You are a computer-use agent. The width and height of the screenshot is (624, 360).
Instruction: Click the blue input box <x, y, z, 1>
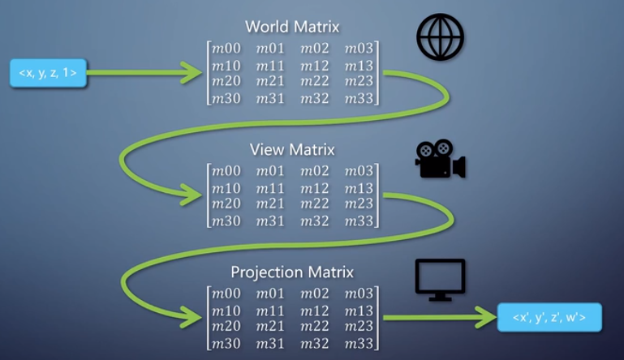click(x=47, y=73)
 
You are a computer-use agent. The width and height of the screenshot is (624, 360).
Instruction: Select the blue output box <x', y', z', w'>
click(x=549, y=317)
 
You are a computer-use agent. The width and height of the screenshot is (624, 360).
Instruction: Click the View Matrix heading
click(x=292, y=150)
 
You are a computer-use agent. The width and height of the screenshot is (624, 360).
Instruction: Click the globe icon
click(x=440, y=37)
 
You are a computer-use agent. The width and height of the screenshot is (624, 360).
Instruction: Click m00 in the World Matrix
click(x=226, y=49)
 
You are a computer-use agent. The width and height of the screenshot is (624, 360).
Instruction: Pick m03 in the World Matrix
click(x=359, y=49)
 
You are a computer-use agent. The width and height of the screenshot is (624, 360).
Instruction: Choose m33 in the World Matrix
click(x=359, y=99)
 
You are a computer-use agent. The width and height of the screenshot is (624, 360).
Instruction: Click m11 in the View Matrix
click(x=270, y=188)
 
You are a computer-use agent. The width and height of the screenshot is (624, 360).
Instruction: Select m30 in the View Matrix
click(x=226, y=221)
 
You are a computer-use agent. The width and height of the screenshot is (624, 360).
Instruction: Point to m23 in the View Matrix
click(x=359, y=204)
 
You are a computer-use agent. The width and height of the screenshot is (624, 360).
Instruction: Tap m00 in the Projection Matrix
click(x=226, y=294)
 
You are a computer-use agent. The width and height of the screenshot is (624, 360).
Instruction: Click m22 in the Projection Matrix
click(x=315, y=327)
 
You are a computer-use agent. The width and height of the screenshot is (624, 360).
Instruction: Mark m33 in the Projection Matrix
click(x=359, y=343)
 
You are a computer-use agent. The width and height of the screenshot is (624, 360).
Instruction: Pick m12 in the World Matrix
click(x=315, y=66)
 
